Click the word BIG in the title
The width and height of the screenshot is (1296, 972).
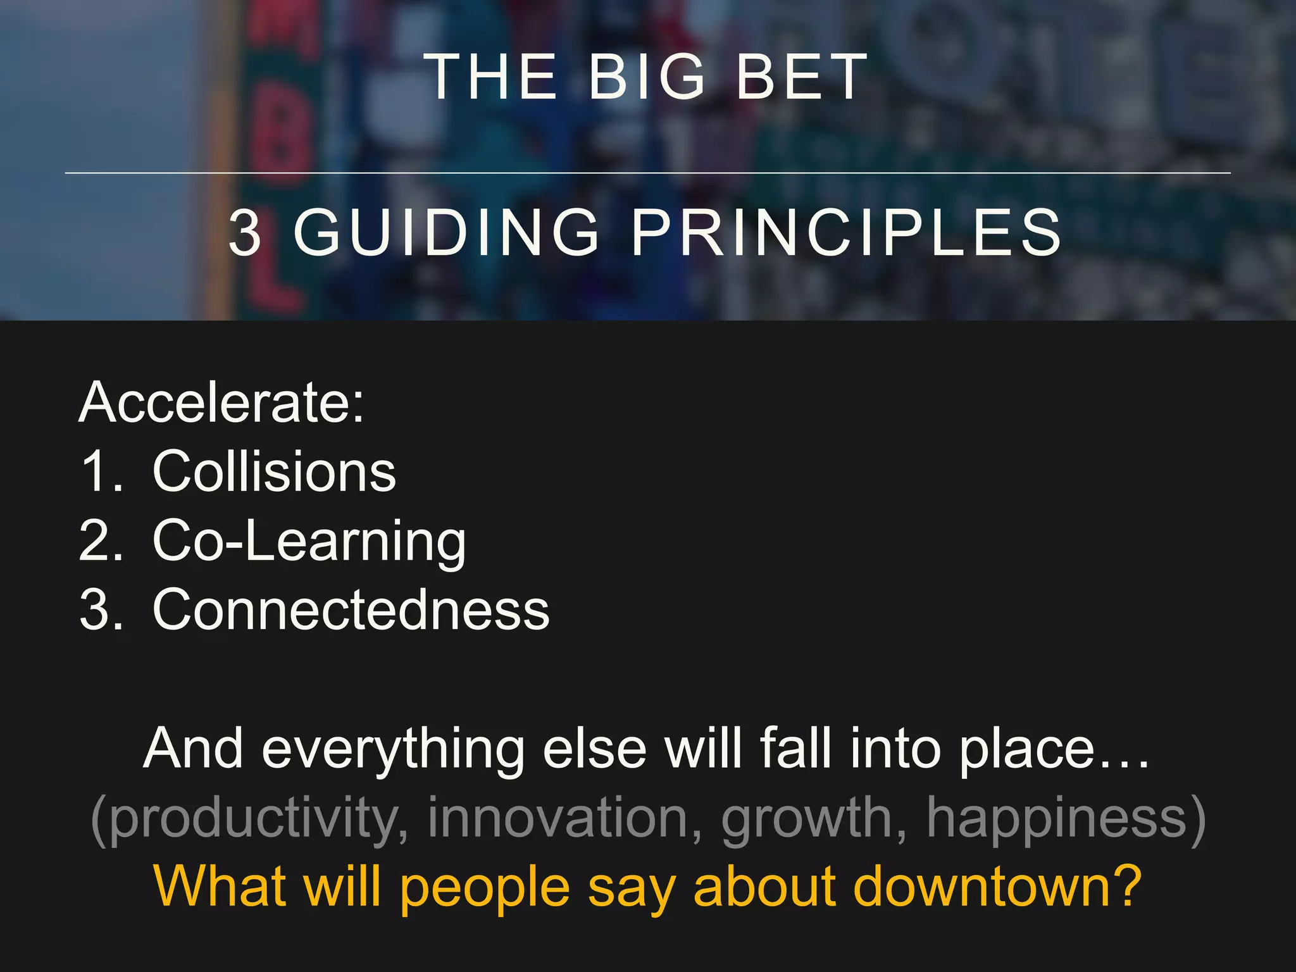[x=646, y=77]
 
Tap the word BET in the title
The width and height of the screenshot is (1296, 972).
[x=801, y=77]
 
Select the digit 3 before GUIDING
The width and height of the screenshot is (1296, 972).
[x=245, y=233]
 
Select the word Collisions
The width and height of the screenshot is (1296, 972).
[x=274, y=471]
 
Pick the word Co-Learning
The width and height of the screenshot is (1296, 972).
[x=309, y=542]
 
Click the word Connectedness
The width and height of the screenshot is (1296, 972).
[x=351, y=609]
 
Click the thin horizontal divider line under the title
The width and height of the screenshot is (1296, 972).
[x=647, y=173]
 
